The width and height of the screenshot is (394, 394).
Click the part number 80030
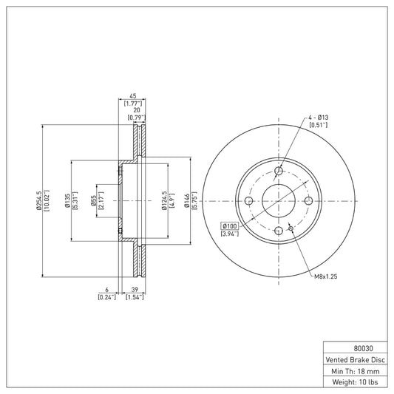364,348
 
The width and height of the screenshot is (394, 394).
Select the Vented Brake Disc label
355,360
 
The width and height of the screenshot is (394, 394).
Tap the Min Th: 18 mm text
356,371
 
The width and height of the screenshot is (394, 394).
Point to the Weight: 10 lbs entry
355,382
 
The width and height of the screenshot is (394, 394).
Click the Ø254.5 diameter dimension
38,200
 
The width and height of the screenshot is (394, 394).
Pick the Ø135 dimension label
67,200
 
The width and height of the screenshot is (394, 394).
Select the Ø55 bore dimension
93,201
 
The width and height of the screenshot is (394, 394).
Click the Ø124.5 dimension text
164,200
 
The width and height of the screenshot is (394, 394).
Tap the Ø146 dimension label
187,200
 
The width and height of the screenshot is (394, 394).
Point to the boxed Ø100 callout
229,226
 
